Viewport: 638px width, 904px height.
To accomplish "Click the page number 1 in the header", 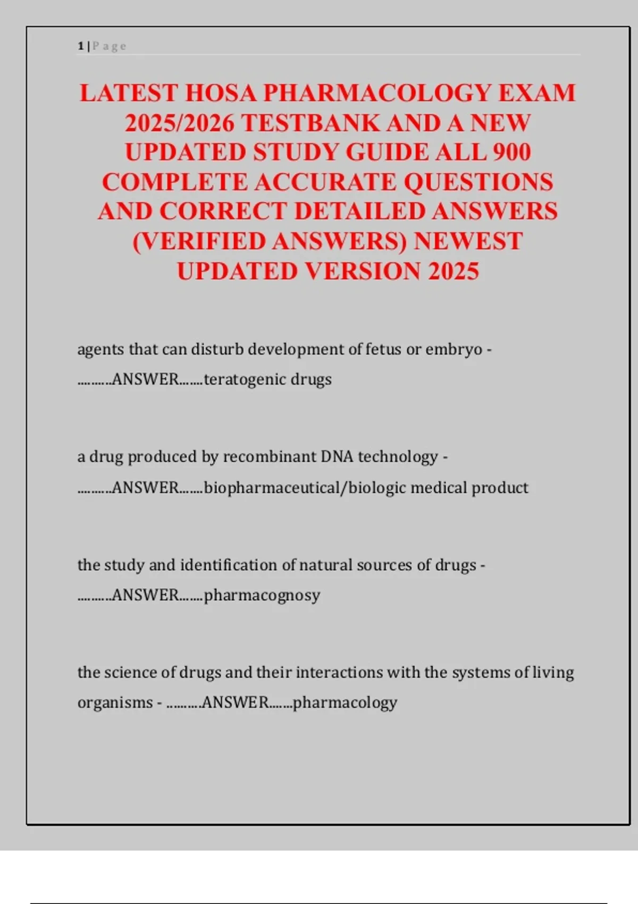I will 80,46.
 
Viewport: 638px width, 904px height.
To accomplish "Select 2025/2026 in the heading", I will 180,123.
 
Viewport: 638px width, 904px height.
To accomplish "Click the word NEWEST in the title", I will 468,241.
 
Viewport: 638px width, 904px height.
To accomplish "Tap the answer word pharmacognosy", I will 262,595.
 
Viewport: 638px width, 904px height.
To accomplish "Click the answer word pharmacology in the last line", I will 345,702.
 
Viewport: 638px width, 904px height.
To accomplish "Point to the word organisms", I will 115,702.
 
